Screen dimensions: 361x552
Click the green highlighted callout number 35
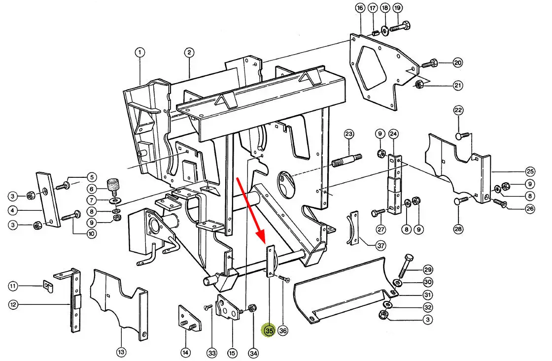point(269,331)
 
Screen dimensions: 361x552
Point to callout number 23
point(349,134)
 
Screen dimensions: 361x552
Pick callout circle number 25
point(530,172)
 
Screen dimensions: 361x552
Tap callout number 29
point(427,269)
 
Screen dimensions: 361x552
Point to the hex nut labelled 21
point(418,84)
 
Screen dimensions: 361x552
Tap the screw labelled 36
point(284,279)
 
